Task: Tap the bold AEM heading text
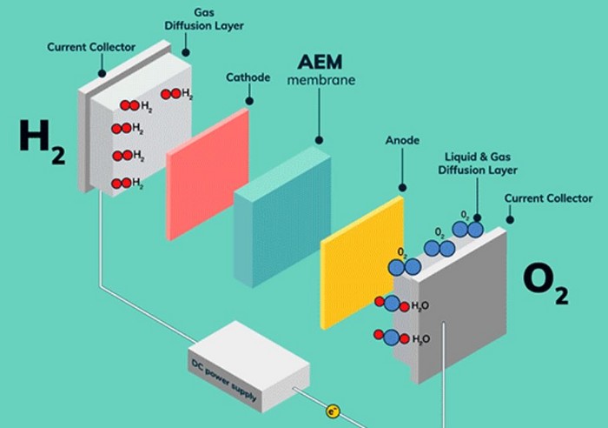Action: [321, 64]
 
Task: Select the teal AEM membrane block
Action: [281, 217]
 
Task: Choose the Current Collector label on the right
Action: [548, 198]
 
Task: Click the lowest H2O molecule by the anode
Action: [390, 337]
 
